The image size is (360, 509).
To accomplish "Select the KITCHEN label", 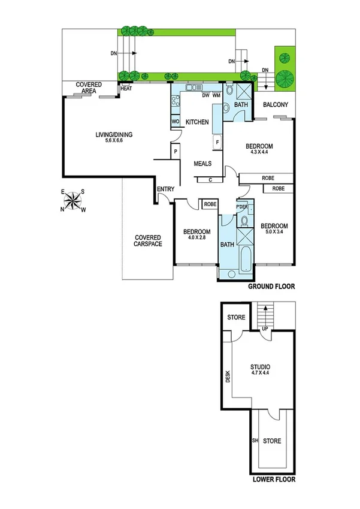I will pyautogui.click(x=197, y=122).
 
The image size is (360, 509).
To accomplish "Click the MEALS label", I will pyautogui.click(x=202, y=163).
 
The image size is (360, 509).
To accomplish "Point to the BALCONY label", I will pyautogui.click(x=276, y=106).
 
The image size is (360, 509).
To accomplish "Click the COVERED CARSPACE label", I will pyautogui.click(x=147, y=240).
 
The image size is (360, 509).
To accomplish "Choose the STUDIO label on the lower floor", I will pyautogui.click(x=260, y=368).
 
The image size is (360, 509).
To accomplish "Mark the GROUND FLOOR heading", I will pyautogui.click(x=272, y=287).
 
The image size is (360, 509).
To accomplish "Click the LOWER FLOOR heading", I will pyautogui.click(x=273, y=480).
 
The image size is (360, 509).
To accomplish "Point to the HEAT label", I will pyautogui.click(x=126, y=89).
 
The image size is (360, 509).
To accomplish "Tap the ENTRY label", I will pyautogui.click(x=165, y=189).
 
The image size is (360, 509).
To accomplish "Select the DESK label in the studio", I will pyautogui.click(x=228, y=377).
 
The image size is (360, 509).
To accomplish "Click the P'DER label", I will pyautogui.click(x=242, y=207).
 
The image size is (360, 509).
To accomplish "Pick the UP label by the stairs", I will pyautogui.click(x=264, y=329).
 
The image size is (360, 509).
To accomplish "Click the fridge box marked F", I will pyautogui.click(x=217, y=142).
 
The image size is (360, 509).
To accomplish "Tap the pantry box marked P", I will pyautogui.click(x=176, y=152).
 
